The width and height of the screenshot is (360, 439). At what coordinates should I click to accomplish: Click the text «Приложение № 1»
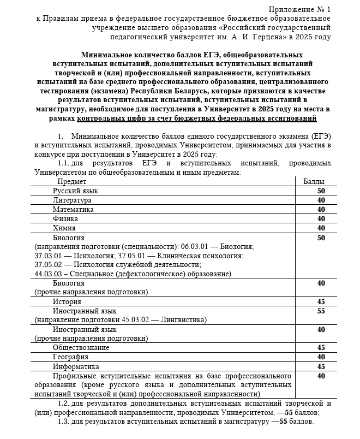click(x=299, y=10)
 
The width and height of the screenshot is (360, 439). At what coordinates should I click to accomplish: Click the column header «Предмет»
click(x=72, y=181)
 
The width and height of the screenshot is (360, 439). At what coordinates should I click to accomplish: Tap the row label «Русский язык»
click(x=75, y=191)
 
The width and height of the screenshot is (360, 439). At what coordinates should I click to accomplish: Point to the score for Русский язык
click(x=321, y=191)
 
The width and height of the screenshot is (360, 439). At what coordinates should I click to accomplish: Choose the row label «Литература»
click(x=72, y=200)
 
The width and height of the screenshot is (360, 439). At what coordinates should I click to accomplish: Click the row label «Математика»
click(x=73, y=209)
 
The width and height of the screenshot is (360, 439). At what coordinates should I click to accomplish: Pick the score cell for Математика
click(x=321, y=209)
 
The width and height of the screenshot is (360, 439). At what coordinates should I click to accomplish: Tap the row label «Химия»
click(x=64, y=228)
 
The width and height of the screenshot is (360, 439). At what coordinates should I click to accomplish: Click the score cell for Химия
click(x=321, y=228)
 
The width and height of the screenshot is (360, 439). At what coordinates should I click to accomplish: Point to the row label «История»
click(x=67, y=301)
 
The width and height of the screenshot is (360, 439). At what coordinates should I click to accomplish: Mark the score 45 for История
click(x=321, y=301)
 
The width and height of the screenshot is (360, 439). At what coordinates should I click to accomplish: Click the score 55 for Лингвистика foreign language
click(x=321, y=311)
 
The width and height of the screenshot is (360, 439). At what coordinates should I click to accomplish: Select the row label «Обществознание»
click(x=81, y=348)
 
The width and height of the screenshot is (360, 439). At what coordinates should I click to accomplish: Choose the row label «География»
click(x=70, y=357)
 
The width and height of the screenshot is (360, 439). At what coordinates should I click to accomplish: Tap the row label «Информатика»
click(x=76, y=366)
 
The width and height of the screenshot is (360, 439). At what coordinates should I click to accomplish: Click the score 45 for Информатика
click(x=321, y=366)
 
